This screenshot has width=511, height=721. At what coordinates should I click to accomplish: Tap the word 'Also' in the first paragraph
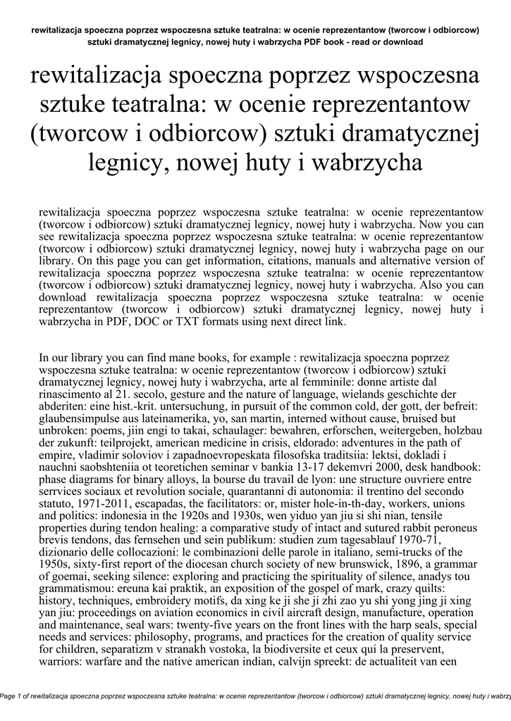point(433,285)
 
